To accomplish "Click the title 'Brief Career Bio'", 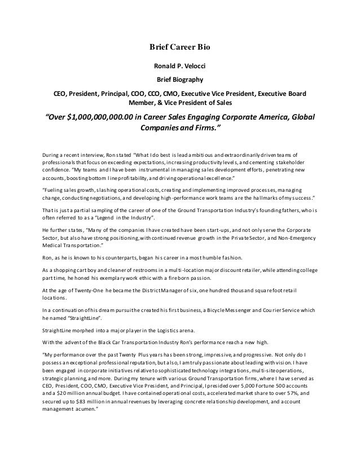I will click(179, 47).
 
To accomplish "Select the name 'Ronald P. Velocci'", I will click(179, 66).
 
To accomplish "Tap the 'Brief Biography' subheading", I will click(179, 79).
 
